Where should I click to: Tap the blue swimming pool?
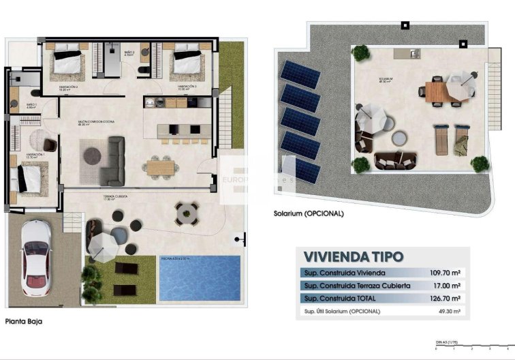pos(199,277)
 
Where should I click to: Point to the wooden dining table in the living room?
pos(161,165)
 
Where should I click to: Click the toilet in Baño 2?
pos(142,70)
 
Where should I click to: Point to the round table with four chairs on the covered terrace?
pos(185,213)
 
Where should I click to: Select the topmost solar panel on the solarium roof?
pos(300,72)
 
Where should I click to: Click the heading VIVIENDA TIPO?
pos(353,257)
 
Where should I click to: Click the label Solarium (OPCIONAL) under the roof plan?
pos(308,213)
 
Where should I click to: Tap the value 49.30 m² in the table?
pos(447,312)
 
